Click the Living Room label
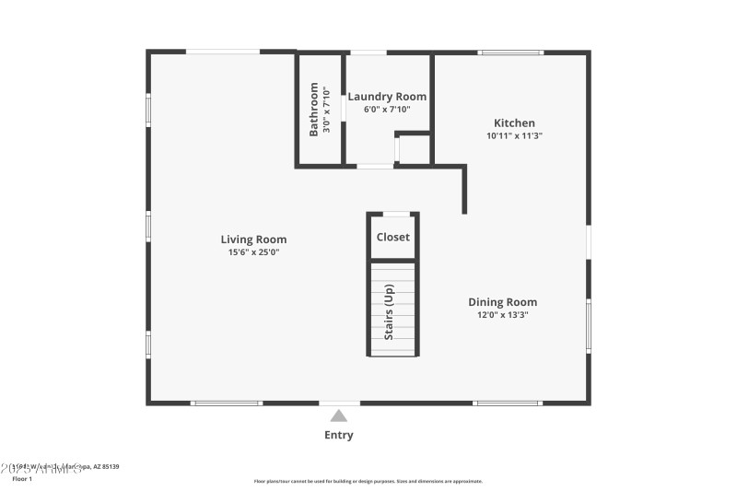coord(253,240)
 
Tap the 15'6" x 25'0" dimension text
coord(253,252)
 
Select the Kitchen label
coord(514,123)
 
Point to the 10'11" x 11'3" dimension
coord(514,135)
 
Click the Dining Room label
coord(502,302)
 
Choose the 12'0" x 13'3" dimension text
coord(502,315)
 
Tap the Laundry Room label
coord(387,96)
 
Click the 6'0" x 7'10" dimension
coord(387,109)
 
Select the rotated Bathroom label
coord(313,109)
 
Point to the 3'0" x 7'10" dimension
coord(326,109)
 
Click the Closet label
coord(392,237)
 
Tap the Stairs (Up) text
coord(389,311)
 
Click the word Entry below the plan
coord(338,435)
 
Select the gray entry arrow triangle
coord(339,415)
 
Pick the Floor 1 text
coord(21,479)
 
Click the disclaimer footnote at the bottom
coord(368,481)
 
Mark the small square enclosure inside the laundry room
coord(413,149)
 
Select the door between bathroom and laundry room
coord(343,108)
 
